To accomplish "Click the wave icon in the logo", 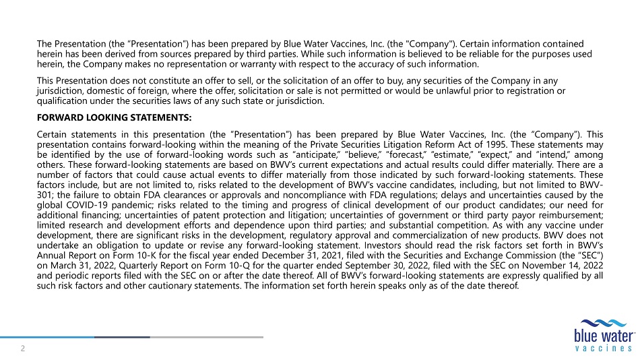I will [x=604, y=322].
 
